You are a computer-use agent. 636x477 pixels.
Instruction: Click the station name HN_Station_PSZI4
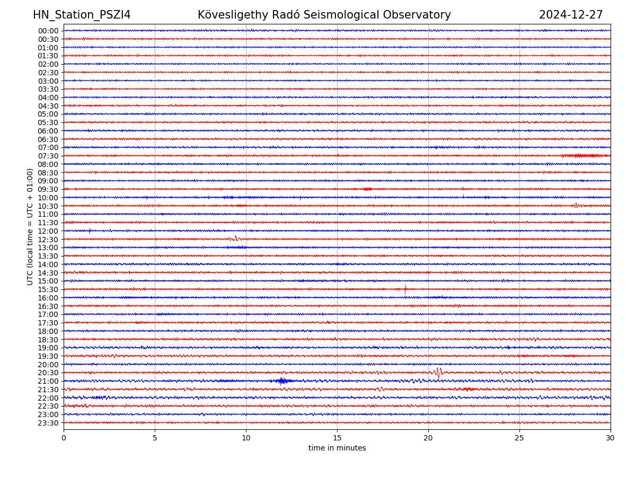click(82, 15)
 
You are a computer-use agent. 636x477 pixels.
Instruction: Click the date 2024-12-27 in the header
click(571, 15)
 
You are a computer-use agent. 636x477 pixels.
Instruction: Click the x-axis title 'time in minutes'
click(337, 448)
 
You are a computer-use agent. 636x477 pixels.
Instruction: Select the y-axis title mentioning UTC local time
click(30, 226)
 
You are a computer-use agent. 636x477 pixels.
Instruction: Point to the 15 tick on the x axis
click(337, 438)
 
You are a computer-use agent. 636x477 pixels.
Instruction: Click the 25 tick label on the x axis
click(519, 438)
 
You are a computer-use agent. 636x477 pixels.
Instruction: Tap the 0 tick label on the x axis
click(64, 438)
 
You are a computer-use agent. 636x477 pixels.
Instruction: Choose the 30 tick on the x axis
click(611, 438)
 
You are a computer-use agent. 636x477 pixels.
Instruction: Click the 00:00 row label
click(48, 31)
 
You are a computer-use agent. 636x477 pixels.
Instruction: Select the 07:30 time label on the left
click(48, 156)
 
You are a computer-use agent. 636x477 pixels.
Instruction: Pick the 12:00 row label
click(48, 231)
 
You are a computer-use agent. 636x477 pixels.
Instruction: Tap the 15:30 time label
click(48, 289)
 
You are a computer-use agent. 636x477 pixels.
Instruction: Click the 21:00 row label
click(48, 381)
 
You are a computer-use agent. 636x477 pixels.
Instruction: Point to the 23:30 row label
click(48, 423)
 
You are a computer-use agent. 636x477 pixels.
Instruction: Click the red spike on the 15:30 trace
click(405, 289)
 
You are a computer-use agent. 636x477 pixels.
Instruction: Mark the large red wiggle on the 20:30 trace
click(438, 372)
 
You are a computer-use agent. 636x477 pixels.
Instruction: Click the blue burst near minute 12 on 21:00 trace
click(282, 381)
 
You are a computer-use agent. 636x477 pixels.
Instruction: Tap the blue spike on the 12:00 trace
click(90, 231)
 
